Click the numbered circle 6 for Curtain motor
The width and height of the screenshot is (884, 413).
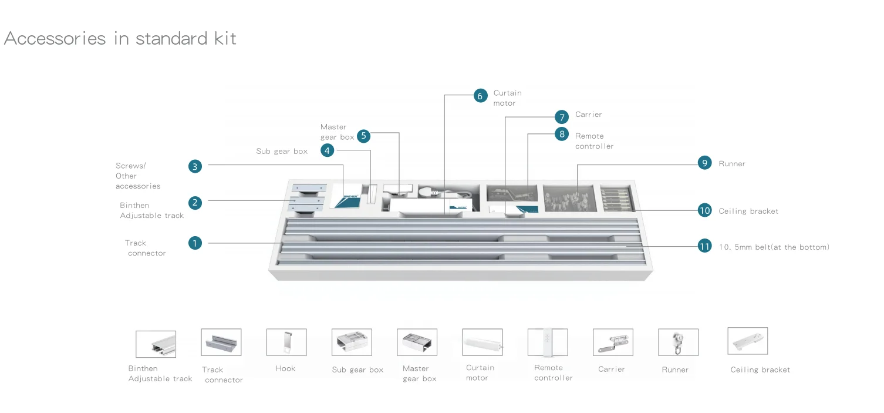pos(481,96)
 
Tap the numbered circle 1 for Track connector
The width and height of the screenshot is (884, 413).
pos(195,243)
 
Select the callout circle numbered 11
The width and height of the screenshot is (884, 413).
pos(704,246)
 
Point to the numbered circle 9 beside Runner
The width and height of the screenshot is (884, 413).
pos(704,163)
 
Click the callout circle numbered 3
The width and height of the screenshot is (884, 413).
pos(195,166)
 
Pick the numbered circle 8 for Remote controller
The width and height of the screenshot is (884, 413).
pos(562,134)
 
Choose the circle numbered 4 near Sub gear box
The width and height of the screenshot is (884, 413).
pos(328,150)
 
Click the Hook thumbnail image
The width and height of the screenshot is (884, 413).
pos(286,342)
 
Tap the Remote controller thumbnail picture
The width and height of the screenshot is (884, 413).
pos(548,342)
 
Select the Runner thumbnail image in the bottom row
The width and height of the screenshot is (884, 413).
pos(678,342)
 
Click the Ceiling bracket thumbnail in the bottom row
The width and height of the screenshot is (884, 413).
pos(747,341)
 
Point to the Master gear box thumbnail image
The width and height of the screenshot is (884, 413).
pos(417,342)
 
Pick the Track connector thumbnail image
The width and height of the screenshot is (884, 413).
pos(221,342)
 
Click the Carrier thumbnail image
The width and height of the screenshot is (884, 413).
pos(613,342)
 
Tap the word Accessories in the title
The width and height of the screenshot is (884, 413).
pos(55,39)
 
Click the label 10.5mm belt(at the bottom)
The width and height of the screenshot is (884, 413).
pos(774,247)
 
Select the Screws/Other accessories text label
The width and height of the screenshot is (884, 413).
pos(137,176)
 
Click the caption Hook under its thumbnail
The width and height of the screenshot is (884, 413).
pos(285,368)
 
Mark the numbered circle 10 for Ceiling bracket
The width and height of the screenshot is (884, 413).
pos(704,210)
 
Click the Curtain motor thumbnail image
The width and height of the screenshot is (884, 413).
pos(482,342)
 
